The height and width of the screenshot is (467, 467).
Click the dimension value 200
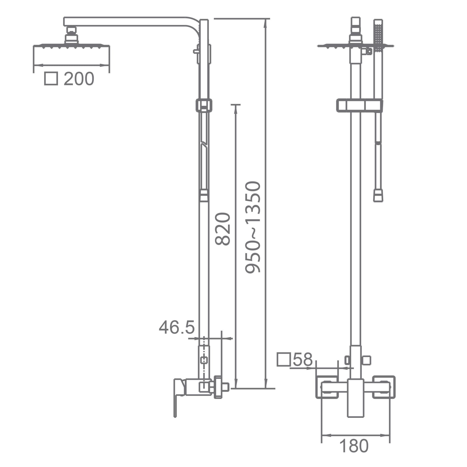[79, 79]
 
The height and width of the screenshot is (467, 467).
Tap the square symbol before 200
[51, 79]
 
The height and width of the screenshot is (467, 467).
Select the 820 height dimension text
[223, 229]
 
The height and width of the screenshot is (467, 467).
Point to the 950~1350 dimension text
[252, 227]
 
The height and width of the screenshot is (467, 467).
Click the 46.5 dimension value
[177, 327]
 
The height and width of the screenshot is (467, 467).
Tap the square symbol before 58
[284, 360]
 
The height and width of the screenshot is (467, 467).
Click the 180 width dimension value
[354, 446]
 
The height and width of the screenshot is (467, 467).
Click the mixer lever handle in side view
[179, 397]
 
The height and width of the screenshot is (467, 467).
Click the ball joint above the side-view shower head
[71, 35]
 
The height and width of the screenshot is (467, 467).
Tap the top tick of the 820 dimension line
[236, 105]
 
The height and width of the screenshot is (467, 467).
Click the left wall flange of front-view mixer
[327, 387]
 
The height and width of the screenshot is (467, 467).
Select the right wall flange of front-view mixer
[384, 387]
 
